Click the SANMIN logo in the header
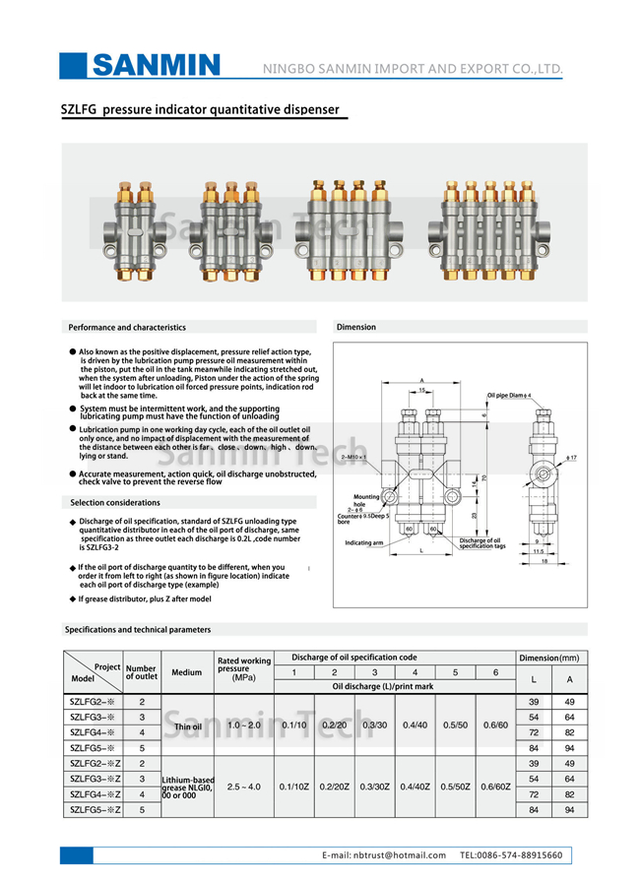click(156, 65)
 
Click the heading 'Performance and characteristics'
click(127, 327)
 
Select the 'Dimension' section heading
click(356, 327)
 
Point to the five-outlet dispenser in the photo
click(489, 228)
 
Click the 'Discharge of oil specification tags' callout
click(483, 543)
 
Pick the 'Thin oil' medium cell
click(187, 726)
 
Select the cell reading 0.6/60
click(495, 725)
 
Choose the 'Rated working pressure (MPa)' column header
click(243, 668)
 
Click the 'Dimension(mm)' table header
click(548, 657)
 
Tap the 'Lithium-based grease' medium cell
click(187, 787)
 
